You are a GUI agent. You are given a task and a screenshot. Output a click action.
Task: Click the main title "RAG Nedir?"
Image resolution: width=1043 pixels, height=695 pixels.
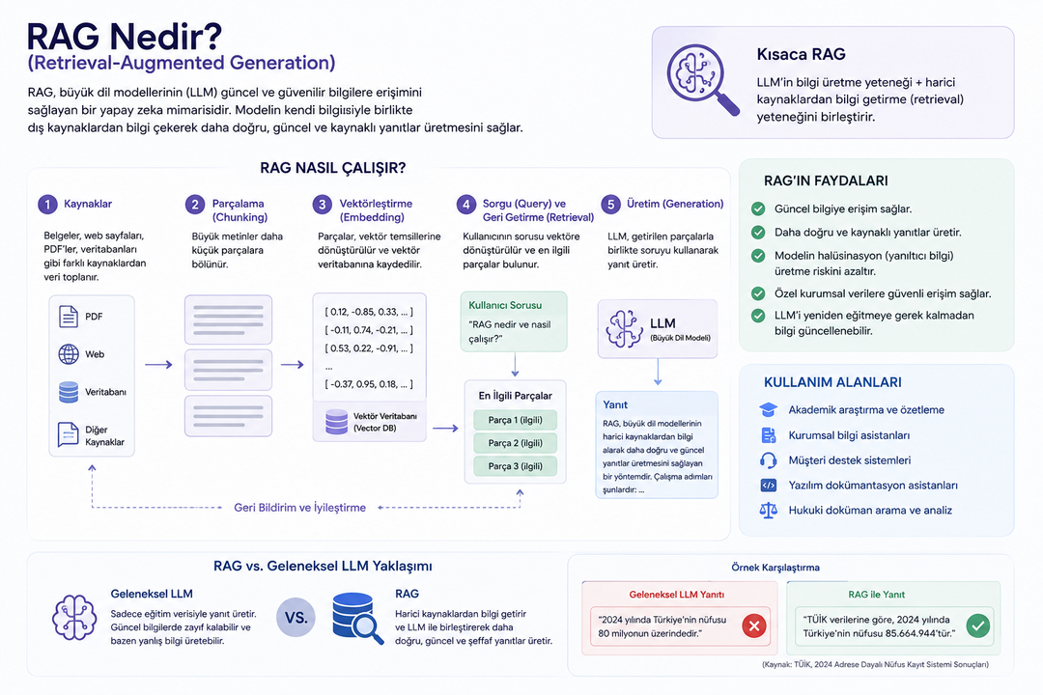[125, 37]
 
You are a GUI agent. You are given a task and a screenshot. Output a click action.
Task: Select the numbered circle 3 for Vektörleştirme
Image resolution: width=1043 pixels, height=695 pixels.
[322, 205]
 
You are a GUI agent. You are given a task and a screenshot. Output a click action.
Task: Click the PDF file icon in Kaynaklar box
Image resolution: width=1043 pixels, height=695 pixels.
[68, 317]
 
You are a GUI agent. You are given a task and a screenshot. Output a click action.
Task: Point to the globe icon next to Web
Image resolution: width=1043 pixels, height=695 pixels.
[68, 354]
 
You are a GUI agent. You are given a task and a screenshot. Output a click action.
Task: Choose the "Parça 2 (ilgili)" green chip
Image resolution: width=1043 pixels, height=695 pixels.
[515, 443]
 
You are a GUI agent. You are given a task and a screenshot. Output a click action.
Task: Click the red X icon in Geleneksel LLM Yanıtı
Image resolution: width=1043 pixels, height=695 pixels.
[753, 625]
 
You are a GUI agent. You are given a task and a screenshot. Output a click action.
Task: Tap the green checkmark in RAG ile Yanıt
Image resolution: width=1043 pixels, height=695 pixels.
[977, 625]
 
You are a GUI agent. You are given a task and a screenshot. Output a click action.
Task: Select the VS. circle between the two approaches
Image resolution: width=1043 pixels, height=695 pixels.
[296, 618]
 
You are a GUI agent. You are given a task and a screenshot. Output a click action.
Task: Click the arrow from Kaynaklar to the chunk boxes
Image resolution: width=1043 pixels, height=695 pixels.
[158, 365]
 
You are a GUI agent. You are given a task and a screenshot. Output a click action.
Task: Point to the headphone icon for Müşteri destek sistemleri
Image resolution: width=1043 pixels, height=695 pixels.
[769, 460]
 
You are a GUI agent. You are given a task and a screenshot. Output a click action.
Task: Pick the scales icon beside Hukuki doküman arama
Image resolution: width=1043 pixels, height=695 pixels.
[769, 510]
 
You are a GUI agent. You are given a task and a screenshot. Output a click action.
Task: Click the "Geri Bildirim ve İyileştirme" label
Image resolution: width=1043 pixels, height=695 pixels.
[300, 508]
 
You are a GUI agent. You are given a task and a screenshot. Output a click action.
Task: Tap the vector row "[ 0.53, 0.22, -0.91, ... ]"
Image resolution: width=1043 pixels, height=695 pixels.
[369, 347]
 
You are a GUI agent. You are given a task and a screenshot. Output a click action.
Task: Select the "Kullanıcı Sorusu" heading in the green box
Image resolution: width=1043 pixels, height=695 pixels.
[505, 305]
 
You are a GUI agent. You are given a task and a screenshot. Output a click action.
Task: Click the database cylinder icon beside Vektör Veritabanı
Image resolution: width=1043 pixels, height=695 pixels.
[337, 422]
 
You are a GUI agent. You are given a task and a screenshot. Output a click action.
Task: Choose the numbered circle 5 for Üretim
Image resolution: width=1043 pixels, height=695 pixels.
[610, 205]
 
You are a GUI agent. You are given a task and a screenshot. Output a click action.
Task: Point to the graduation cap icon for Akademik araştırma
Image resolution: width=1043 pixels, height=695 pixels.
[769, 409]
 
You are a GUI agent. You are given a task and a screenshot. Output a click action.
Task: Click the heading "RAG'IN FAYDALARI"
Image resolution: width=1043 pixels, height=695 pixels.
[826, 181]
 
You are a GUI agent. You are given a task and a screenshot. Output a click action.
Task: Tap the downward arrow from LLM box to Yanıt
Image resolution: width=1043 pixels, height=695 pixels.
[658, 372]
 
